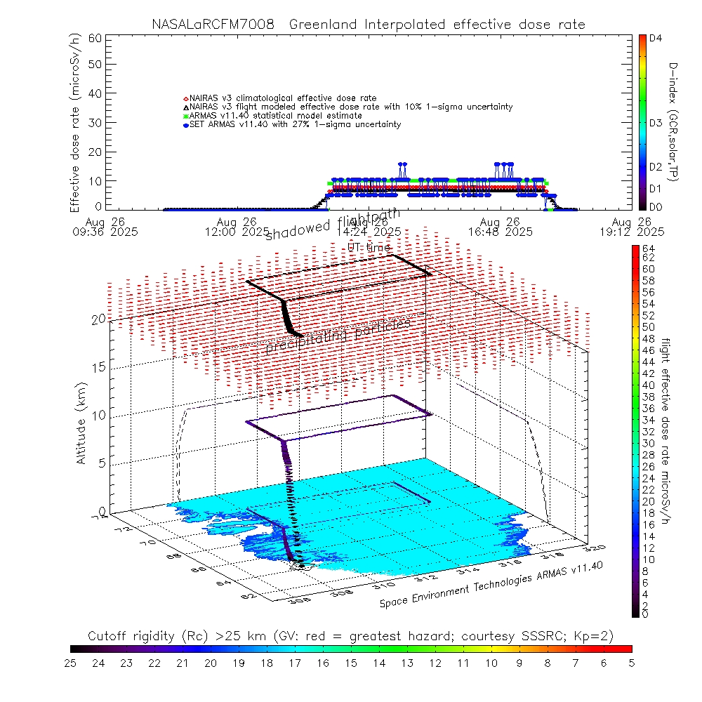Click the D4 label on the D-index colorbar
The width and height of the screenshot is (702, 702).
(x=656, y=39)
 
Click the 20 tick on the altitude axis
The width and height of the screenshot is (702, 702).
(x=98, y=319)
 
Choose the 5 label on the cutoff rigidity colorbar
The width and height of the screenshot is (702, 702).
(x=630, y=662)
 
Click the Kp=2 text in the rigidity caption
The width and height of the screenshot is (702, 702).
(x=597, y=636)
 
